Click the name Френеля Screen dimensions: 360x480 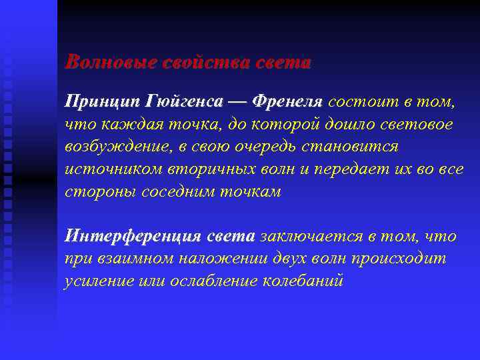tap(286, 101)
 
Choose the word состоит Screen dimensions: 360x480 tap(360, 101)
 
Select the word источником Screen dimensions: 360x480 tap(109, 169)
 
